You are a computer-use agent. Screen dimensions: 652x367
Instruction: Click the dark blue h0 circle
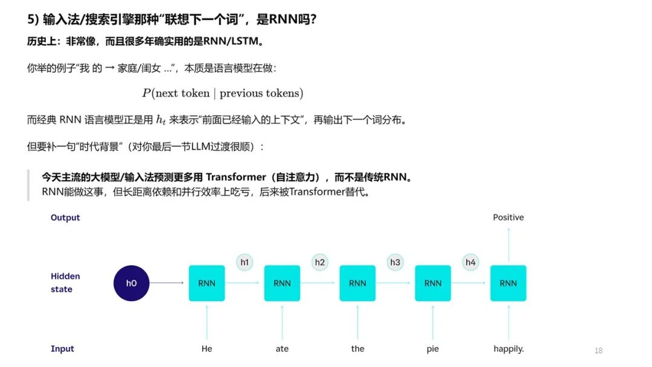click(132, 283)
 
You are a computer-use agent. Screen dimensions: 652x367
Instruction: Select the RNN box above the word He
click(206, 283)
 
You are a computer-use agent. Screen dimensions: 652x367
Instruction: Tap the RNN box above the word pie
click(433, 283)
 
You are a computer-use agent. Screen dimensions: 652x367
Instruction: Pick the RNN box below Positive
click(508, 283)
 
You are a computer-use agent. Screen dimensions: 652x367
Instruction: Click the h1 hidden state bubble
click(245, 262)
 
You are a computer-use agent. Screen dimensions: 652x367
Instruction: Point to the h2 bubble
click(320, 262)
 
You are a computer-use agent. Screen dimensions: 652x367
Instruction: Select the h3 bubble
click(395, 262)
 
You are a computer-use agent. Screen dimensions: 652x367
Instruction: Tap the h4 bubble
click(470, 262)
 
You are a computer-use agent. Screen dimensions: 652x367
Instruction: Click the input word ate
click(282, 349)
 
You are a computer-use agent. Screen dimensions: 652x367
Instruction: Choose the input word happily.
click(508, 349)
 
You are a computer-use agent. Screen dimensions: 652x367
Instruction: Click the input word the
click(357, 349)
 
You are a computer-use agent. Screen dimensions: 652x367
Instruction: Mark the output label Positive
click(508, 217)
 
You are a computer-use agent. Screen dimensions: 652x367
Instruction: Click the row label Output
click(65, 217)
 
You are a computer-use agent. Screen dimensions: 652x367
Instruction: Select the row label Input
click(62, 349)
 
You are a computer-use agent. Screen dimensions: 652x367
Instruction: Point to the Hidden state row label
click(65, 282)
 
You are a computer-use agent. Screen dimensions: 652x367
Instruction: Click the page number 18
click(598, 351)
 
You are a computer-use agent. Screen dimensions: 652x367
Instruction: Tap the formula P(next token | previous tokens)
click(223, 93)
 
